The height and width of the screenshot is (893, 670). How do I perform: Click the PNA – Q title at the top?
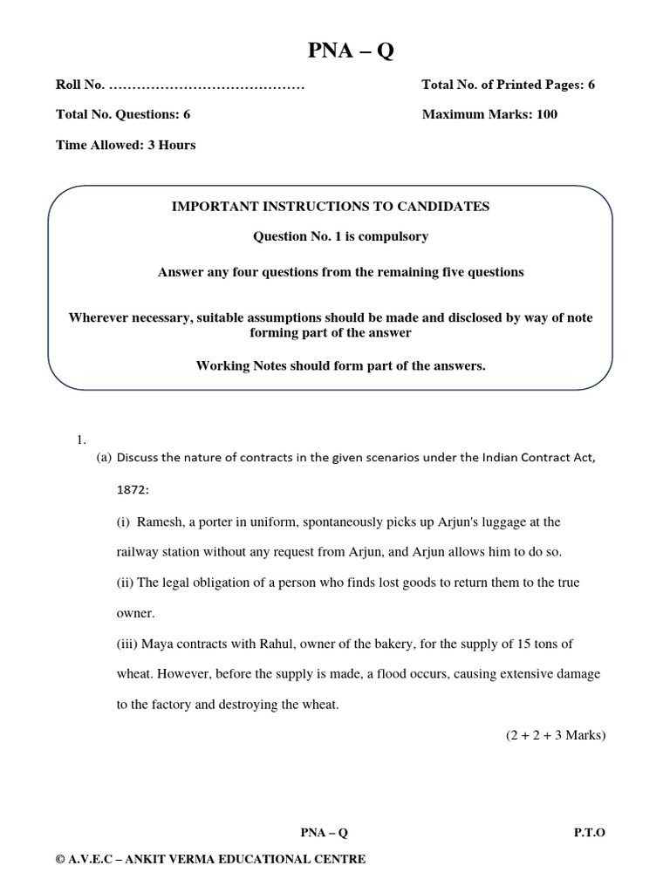[351, 51]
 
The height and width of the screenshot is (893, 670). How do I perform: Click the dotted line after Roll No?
[207, 85]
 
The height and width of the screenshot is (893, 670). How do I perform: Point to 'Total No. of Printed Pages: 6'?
[508, 85]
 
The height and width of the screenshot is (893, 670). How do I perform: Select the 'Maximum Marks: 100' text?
[489, 114]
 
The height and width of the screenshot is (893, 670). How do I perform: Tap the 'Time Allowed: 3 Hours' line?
[126, 145]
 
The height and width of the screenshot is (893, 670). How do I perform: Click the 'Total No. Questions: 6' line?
[123, 114]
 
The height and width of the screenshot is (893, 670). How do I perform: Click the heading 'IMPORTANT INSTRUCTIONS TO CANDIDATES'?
[331, 207]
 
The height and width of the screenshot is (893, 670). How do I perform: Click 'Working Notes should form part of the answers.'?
[340, 365]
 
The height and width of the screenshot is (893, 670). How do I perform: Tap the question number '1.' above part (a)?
[82, 441]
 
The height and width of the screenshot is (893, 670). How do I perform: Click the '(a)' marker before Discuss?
[104, 458]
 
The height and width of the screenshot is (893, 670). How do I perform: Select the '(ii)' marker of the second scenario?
[126, 582]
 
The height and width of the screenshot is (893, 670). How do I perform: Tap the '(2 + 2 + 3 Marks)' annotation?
[555, 735]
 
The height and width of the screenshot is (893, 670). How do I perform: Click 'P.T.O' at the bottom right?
[589, 832]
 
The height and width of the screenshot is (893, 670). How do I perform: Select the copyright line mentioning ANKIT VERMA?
[210, 859]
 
